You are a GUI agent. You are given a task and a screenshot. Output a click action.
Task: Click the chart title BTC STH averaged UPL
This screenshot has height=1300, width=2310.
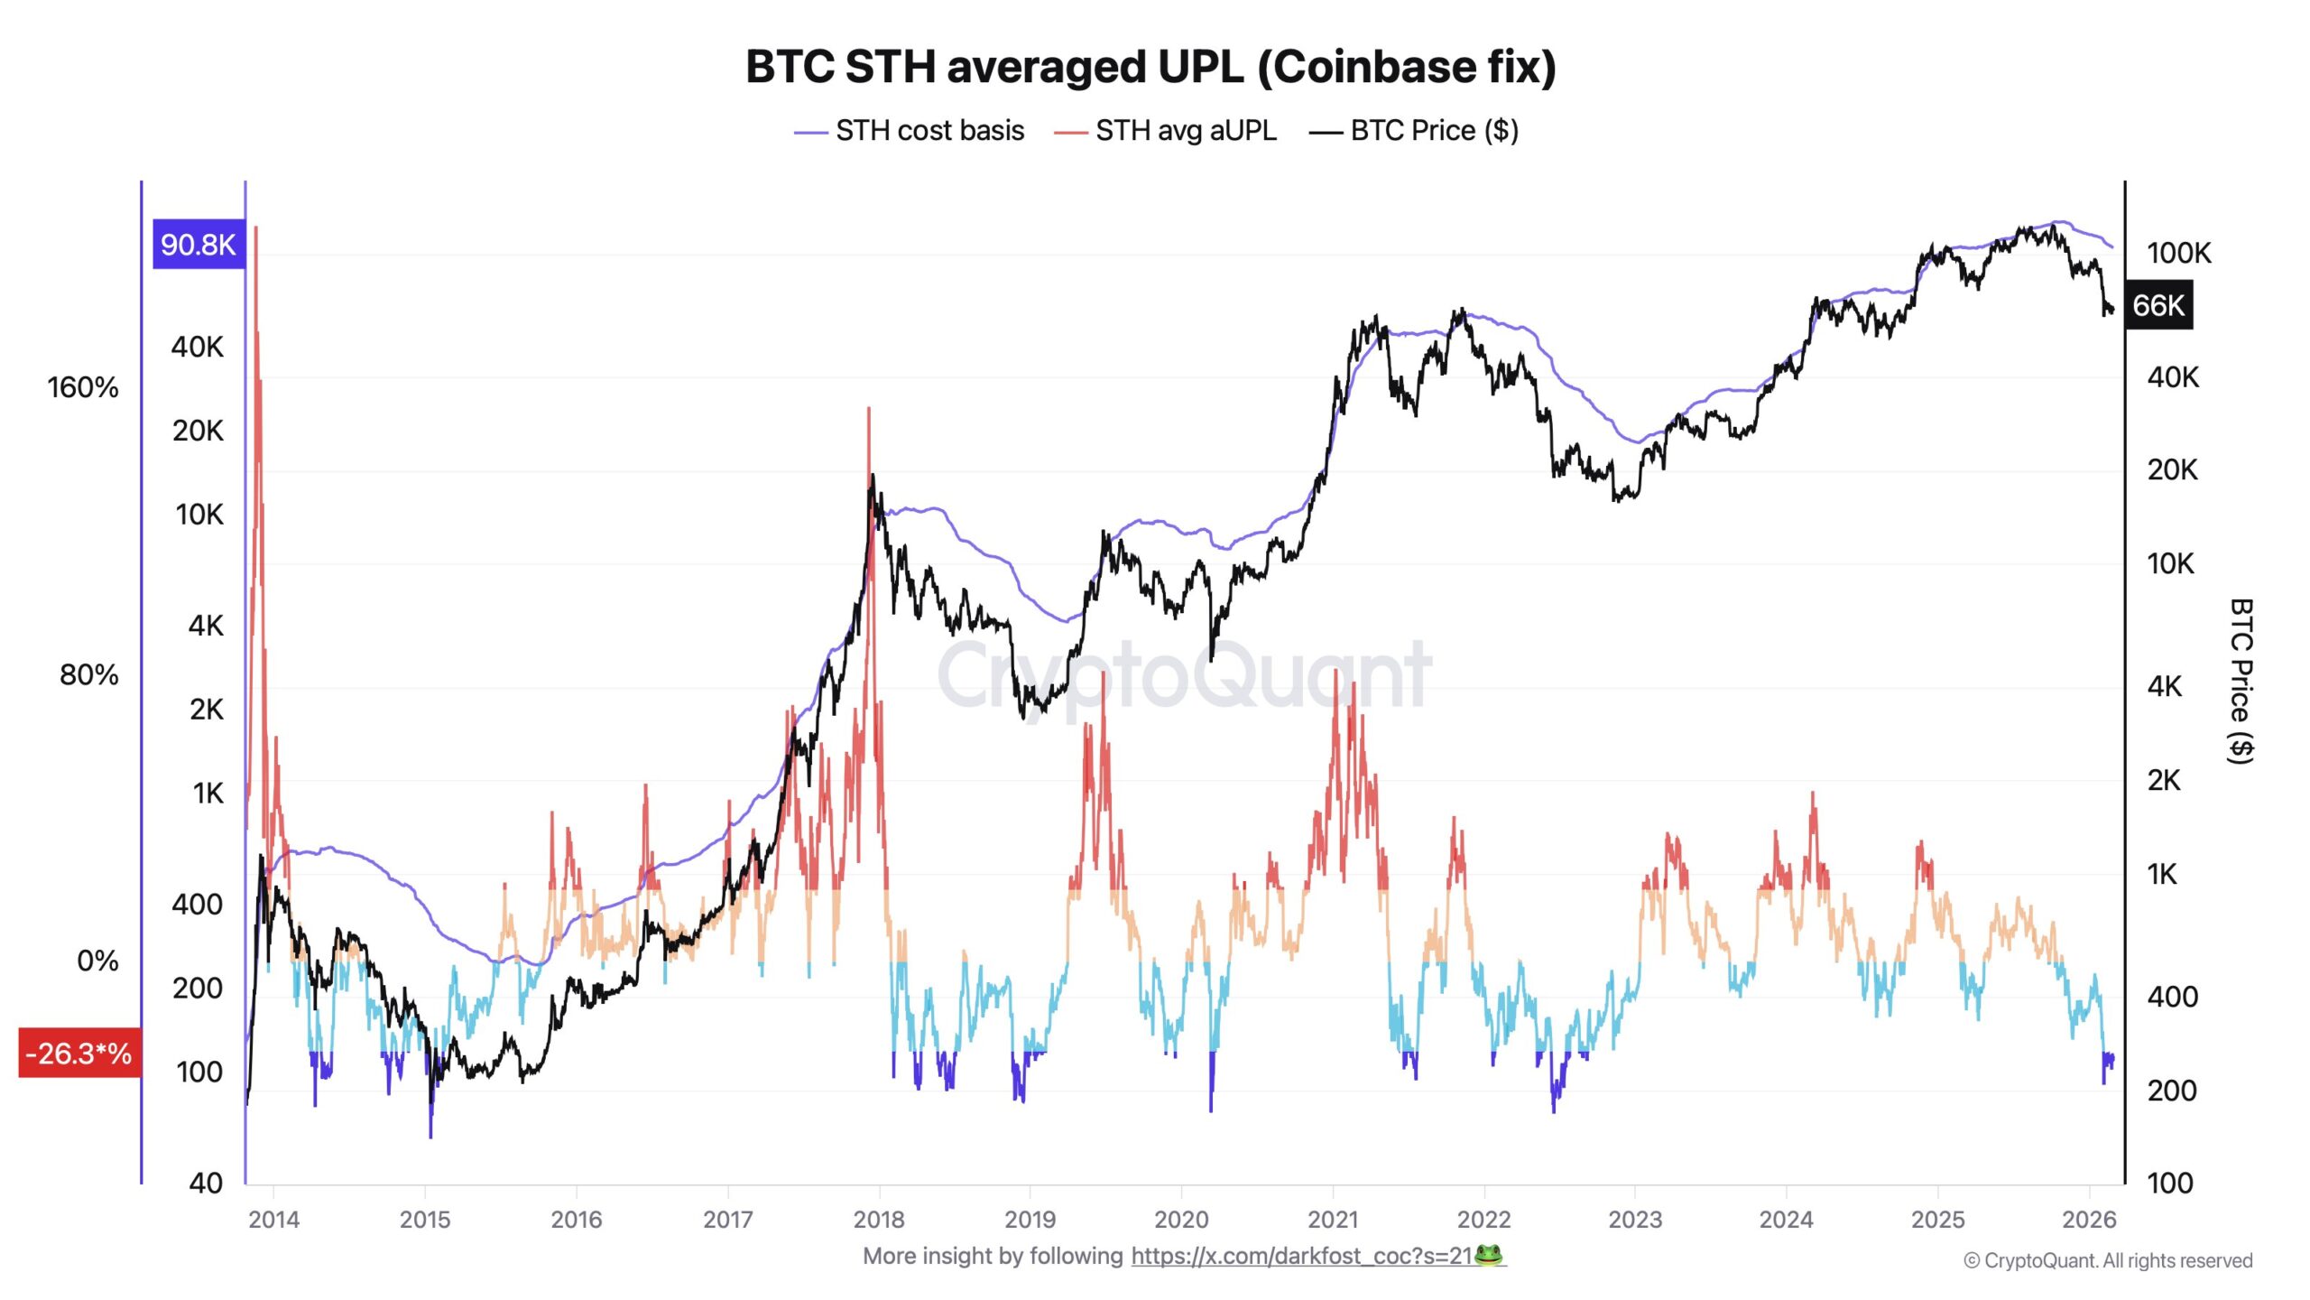click(1150, 67)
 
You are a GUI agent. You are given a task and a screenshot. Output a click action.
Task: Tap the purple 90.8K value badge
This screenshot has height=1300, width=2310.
click(198, 245)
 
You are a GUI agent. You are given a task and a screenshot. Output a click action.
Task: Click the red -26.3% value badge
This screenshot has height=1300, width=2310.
click(79, 1053)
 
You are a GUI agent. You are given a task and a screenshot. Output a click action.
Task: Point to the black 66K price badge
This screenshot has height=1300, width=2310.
click(2158, 305)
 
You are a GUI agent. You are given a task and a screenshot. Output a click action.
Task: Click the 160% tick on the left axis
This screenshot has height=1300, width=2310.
click(83, 388)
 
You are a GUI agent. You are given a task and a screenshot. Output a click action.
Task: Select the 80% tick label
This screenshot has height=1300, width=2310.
click(89, 674)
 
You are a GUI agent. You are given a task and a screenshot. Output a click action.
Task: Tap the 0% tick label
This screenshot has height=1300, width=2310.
click(97, 961)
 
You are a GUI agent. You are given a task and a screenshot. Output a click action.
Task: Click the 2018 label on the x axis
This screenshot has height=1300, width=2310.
click(878, 1220)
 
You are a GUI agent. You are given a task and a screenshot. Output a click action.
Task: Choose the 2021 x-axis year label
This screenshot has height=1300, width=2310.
click(1332, 1220)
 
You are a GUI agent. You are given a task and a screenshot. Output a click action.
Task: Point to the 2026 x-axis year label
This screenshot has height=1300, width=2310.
click(2088, 1220)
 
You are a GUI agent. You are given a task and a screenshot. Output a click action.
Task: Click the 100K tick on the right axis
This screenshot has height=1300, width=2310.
click(2178, 253)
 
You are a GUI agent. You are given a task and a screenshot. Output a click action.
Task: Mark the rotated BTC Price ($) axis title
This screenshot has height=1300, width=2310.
click(2241, 682)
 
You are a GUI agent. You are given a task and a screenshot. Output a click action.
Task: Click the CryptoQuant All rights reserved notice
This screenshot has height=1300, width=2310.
click(2108, 1260)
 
